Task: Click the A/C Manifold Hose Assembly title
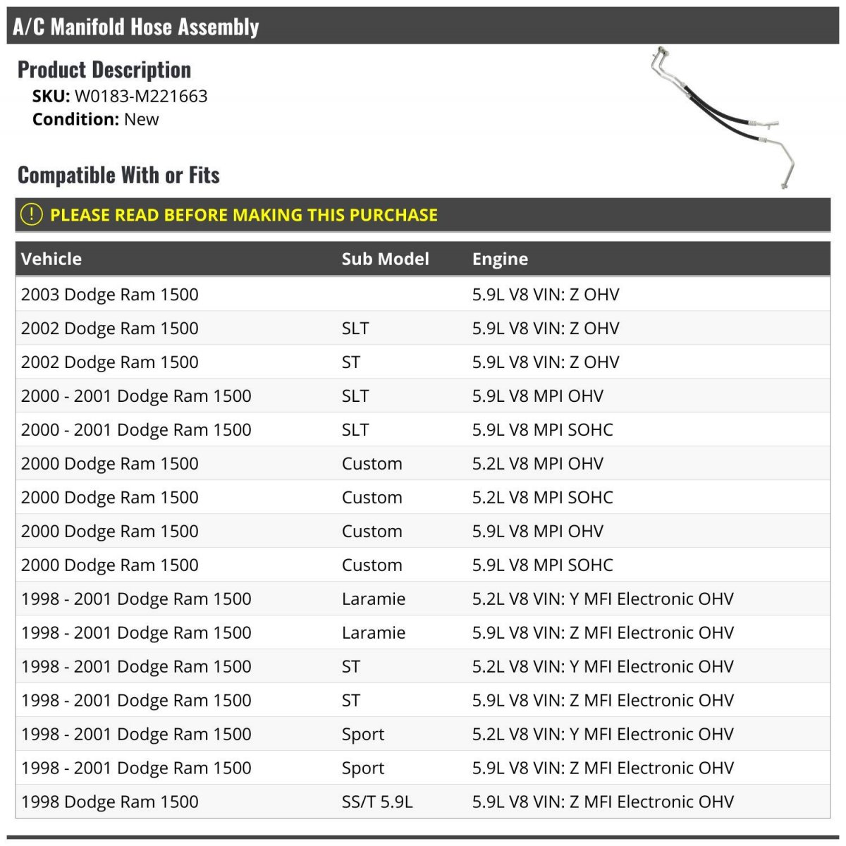(136, 27)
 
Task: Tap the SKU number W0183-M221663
(141, 96)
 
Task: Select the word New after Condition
(141, 119)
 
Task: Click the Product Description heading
(104, 70)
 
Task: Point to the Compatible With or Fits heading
(118, 175)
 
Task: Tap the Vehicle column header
(51, 259)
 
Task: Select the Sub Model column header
(385, 259)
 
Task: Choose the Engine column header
(500, 259)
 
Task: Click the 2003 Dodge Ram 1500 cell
(110, 294)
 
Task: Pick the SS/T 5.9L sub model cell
(377, 802)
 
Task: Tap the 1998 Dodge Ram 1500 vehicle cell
(110, 802)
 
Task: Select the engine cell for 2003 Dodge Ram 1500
(546, 294)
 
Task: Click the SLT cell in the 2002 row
(355, 328)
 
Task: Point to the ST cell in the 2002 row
(351, 362)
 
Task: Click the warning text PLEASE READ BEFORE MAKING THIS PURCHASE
(244, 215)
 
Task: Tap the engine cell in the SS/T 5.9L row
(603, 802)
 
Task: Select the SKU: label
(51, 96)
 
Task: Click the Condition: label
(75, 119)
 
